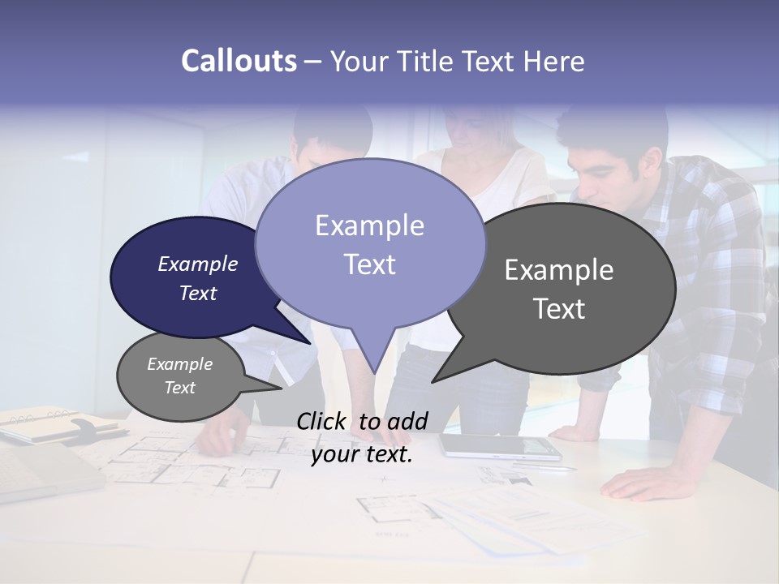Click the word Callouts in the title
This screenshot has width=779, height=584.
(x=239, y=61)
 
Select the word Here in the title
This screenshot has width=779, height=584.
(x=553, y=61)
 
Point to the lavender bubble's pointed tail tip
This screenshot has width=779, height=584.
(x=374, y=372)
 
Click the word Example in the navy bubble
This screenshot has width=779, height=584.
(x=198, y=264)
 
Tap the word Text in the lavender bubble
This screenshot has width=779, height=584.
(x=370, y=264)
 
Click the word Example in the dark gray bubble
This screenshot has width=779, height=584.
(x=559, y=269)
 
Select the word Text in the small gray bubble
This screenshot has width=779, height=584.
(x=180, y=388)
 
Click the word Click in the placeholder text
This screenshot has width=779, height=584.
(x=324, y=420)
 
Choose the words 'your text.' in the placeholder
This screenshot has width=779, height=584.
(x=362, y=454)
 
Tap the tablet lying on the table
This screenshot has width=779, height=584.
(x=499, y=445)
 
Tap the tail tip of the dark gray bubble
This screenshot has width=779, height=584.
(x=433, y=381)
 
